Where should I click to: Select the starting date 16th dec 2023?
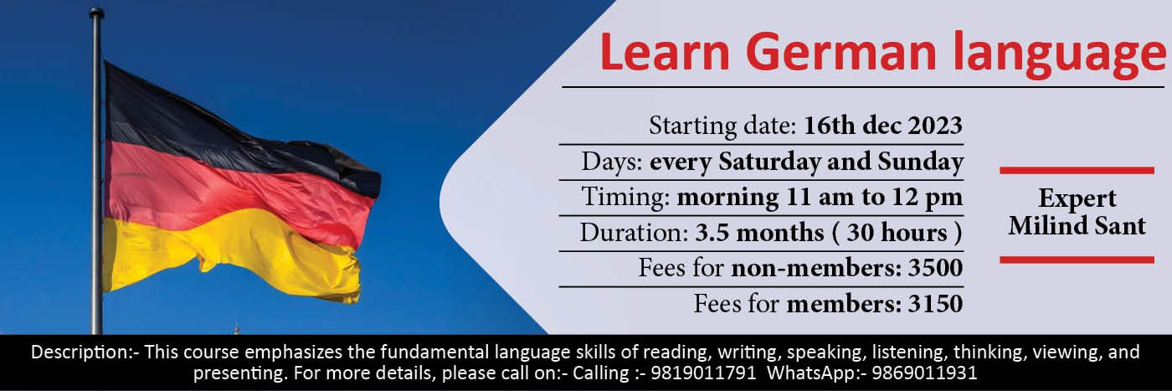(x=882, y=125)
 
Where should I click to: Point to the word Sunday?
(x=920, y=162)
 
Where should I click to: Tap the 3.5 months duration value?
(x=759, y=233)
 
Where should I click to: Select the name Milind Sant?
(x=1077, y=225)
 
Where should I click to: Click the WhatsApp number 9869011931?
(x=924, y=373)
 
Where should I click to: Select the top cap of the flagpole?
(x=96, y=12)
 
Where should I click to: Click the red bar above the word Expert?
(x=1077, y=170)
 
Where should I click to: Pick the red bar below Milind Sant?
(x=1077, y=260)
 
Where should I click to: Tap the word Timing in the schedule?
(x=626, y=198)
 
